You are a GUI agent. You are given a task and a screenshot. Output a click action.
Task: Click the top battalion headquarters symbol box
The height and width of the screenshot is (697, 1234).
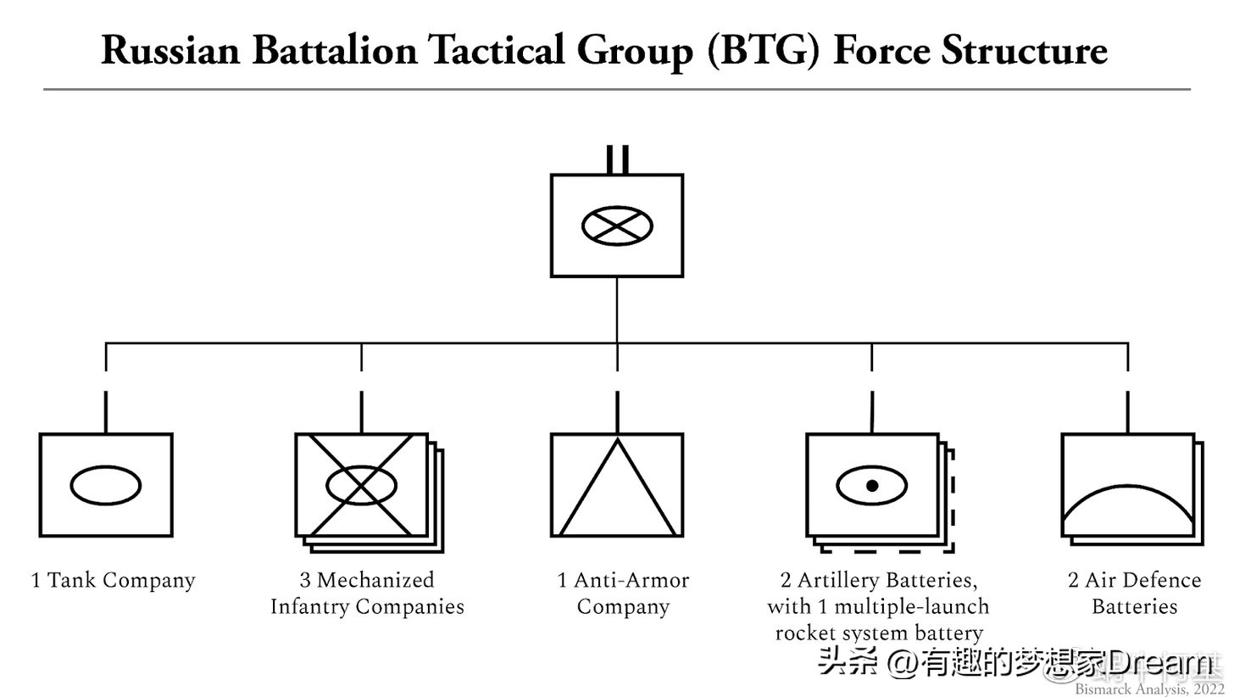[617, 254]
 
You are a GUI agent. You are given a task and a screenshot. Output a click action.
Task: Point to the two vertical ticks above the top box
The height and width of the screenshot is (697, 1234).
[617, 159]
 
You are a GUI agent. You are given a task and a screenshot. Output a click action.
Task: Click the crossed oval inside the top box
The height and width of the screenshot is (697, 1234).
[617, 226]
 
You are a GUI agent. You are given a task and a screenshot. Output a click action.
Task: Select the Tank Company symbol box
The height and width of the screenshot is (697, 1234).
[106, 517]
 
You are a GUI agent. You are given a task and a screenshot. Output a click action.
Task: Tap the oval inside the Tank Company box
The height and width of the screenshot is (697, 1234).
[106, 485]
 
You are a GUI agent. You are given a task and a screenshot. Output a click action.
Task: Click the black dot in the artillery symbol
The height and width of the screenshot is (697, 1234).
[872, 486]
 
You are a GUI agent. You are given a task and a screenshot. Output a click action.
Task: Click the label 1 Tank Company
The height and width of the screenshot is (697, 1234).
[113, 581]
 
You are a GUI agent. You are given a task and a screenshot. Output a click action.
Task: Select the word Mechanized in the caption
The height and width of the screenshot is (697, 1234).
[375, 581]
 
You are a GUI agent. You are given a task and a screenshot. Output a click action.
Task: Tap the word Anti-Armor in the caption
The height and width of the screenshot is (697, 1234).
[631, 581]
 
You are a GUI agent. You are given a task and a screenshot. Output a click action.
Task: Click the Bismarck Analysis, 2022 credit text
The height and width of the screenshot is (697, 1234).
[1149, 689]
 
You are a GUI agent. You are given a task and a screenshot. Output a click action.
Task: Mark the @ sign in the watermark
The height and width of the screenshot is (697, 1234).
[904, 662]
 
